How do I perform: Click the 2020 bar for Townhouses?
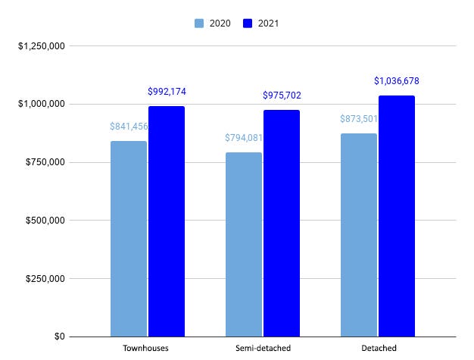tap(129, 239)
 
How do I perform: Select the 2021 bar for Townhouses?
tap(167, 221)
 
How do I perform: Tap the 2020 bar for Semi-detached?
tap(244, 244)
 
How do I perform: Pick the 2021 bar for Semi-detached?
tap(282, 223)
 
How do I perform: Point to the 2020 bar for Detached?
tap(359, 235)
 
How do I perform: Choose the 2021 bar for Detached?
tap(397, 216)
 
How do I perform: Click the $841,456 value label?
tap(129, 127)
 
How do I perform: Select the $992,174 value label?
tap(167, 92)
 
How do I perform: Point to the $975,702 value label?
tap(282, 95)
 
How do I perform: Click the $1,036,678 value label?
tap(397, 80)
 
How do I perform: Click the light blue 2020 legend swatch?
tap(198, 23)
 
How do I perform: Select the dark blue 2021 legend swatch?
tap(248, 23)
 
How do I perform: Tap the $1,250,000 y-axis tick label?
tap(42, 46)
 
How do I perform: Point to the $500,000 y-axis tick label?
tap(44, 221)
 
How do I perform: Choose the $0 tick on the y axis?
tap(56, 337)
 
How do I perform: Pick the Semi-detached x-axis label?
tap(263, 349)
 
